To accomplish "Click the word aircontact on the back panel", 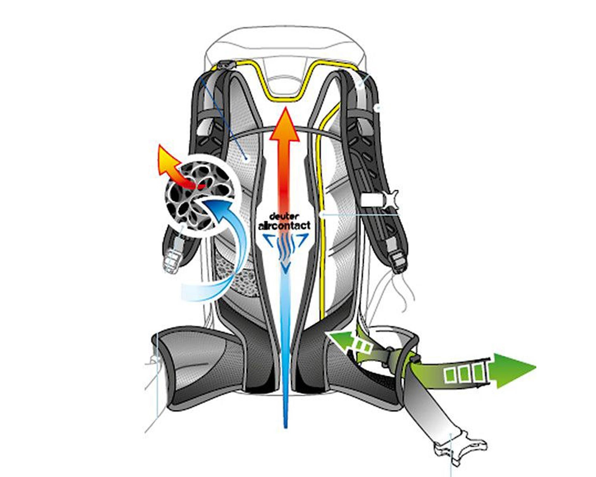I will coord(285,225).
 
